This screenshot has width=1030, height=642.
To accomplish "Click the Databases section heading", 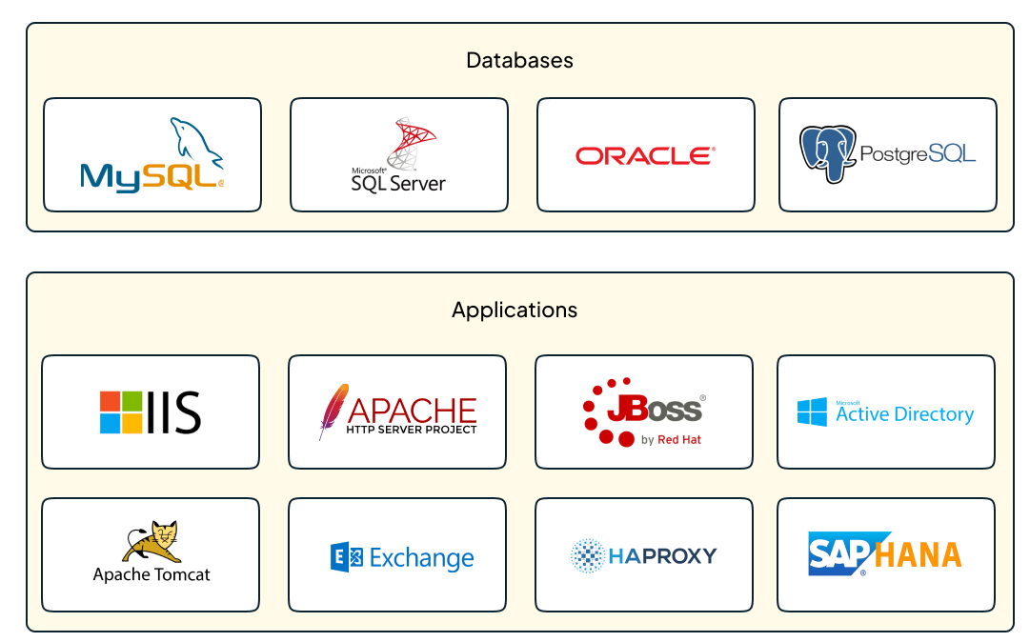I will pyautogui.click(x=519, y=61).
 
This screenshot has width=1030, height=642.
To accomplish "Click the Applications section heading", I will pyautogui.click(x=515, y=311).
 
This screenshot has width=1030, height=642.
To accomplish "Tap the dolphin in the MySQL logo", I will pyautogui.click(x=194, y=141).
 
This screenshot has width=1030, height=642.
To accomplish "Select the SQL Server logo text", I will pyautogui.click(x=398, y=183).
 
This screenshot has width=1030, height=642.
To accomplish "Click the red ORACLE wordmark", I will pyautogui.click(x=645, y=155).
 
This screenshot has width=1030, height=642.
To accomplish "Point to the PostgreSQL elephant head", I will pyautogui.click(x=827, y=153).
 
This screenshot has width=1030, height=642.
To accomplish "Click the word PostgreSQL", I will pyautogui.click(x=918, y=153).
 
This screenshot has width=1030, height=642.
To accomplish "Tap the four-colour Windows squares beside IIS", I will pyautogui.click(x=121, y=412).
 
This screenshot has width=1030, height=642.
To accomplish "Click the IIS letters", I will pyautogui.click(x=175, y=412).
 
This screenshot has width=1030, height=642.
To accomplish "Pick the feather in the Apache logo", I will pyautogui.click(x=332, y=411).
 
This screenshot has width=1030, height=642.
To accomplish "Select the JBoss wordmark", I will pyautogui.click(x=656, y=410).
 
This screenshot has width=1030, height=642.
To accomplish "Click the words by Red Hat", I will pyautogui.click(x=671, y=440).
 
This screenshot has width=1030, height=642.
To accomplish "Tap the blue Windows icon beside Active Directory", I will pyautogui.click(x=813, y=412).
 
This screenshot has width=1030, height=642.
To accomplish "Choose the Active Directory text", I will pyautogui.click(x=905, y=414).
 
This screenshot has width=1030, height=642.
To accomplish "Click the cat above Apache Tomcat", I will pyautogui.click(x=151, y=542).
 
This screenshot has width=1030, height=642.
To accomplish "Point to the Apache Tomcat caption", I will pyautogui.click(x=151, y=574).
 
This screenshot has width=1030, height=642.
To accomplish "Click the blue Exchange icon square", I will pyautogui.click(x=346, y=557).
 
